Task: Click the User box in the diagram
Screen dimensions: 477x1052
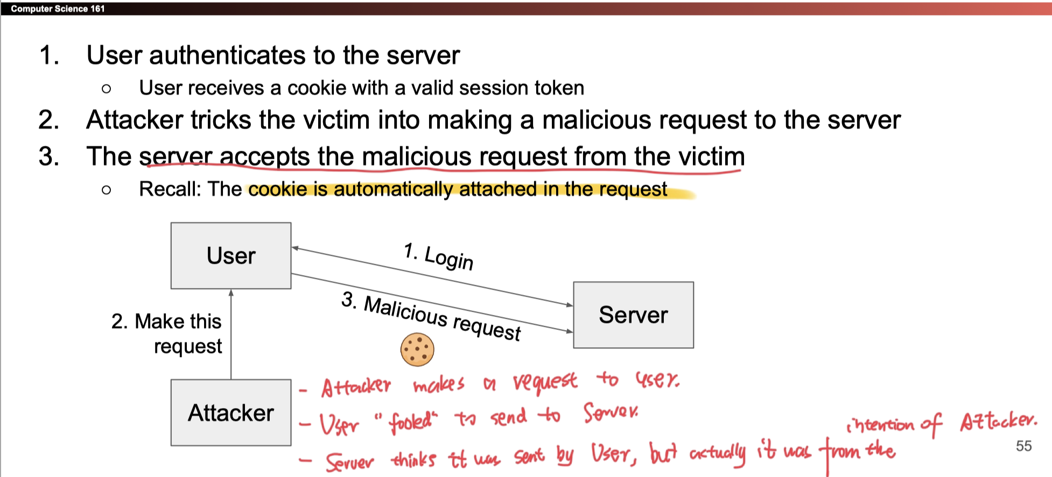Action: click(231, 256)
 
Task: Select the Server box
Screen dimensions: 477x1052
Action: click(633, 315)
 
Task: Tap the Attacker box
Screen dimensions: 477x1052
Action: click(231, 413)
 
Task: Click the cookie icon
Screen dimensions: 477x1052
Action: click(417, 349)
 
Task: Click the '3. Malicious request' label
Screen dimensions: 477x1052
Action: click(431, 316)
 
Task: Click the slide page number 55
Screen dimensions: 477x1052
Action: click(1023, 446)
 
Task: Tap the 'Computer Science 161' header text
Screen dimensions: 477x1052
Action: click(58, 9)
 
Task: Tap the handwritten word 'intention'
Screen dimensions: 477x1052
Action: click(880, 425)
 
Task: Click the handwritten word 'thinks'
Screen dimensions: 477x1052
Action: click(413, 459)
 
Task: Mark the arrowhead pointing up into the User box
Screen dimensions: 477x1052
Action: click(231, 293)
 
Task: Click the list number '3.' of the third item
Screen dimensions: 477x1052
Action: click(49, 157)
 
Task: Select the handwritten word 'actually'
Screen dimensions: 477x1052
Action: click(718, 453)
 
